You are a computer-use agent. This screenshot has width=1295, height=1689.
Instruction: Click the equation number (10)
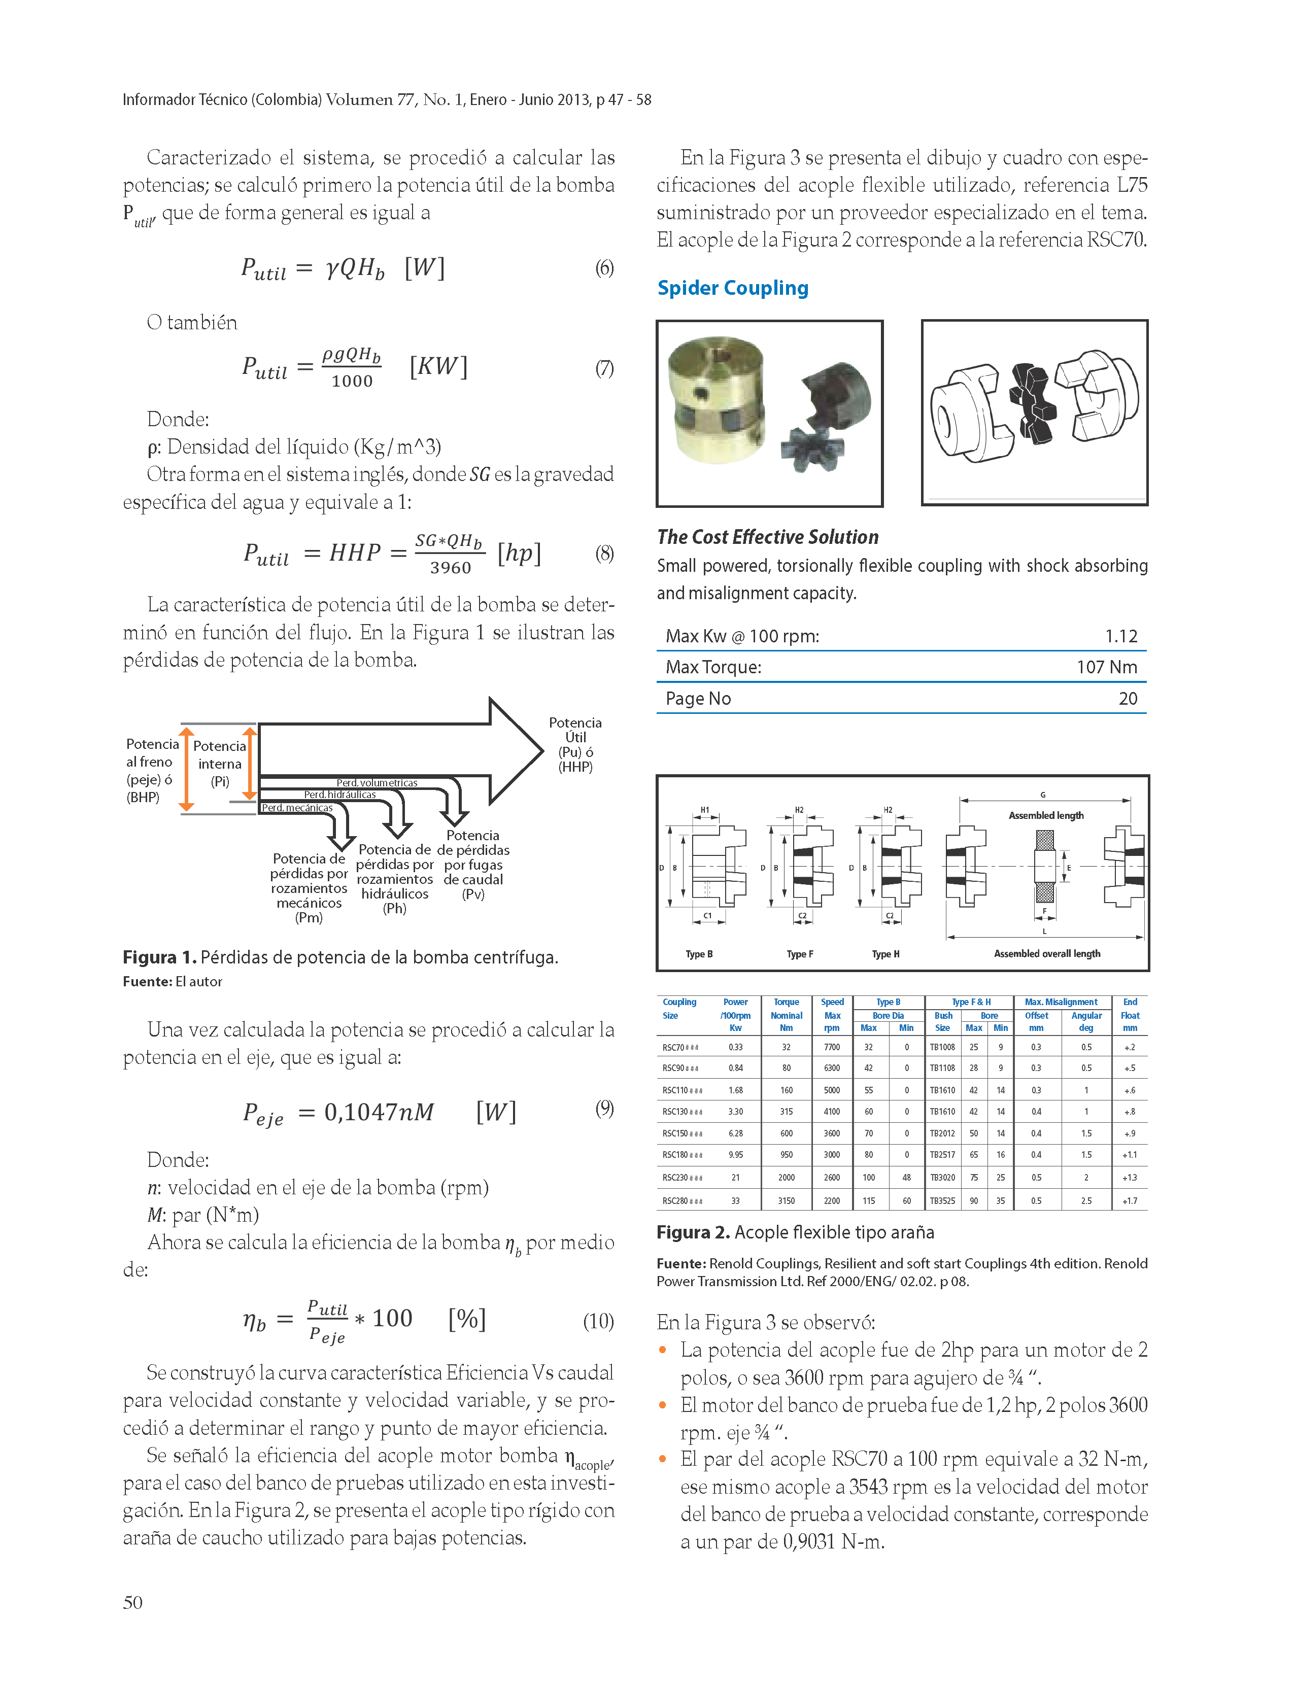598,1322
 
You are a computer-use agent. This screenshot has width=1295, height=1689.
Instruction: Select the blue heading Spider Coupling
732,288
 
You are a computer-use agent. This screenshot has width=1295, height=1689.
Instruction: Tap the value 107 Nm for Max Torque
1106,667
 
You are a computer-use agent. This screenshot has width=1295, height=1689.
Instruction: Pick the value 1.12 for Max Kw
1121,636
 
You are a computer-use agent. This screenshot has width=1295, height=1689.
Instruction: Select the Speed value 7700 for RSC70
832,1047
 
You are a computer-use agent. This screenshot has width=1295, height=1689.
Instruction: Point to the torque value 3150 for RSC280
786,1200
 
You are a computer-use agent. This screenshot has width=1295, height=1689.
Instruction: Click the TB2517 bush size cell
942,1155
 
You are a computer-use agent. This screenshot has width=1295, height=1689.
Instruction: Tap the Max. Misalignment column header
1061,1003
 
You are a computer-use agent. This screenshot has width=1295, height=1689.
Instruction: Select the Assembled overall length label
1047,954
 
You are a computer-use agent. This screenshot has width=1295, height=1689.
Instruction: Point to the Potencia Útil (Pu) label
575,744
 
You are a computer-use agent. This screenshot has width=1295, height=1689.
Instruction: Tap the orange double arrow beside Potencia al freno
187,768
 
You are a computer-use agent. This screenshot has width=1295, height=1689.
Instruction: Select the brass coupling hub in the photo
717,404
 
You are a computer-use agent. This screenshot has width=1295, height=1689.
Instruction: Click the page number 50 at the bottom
132,1603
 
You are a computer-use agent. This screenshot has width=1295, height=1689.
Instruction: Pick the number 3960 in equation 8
450,568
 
